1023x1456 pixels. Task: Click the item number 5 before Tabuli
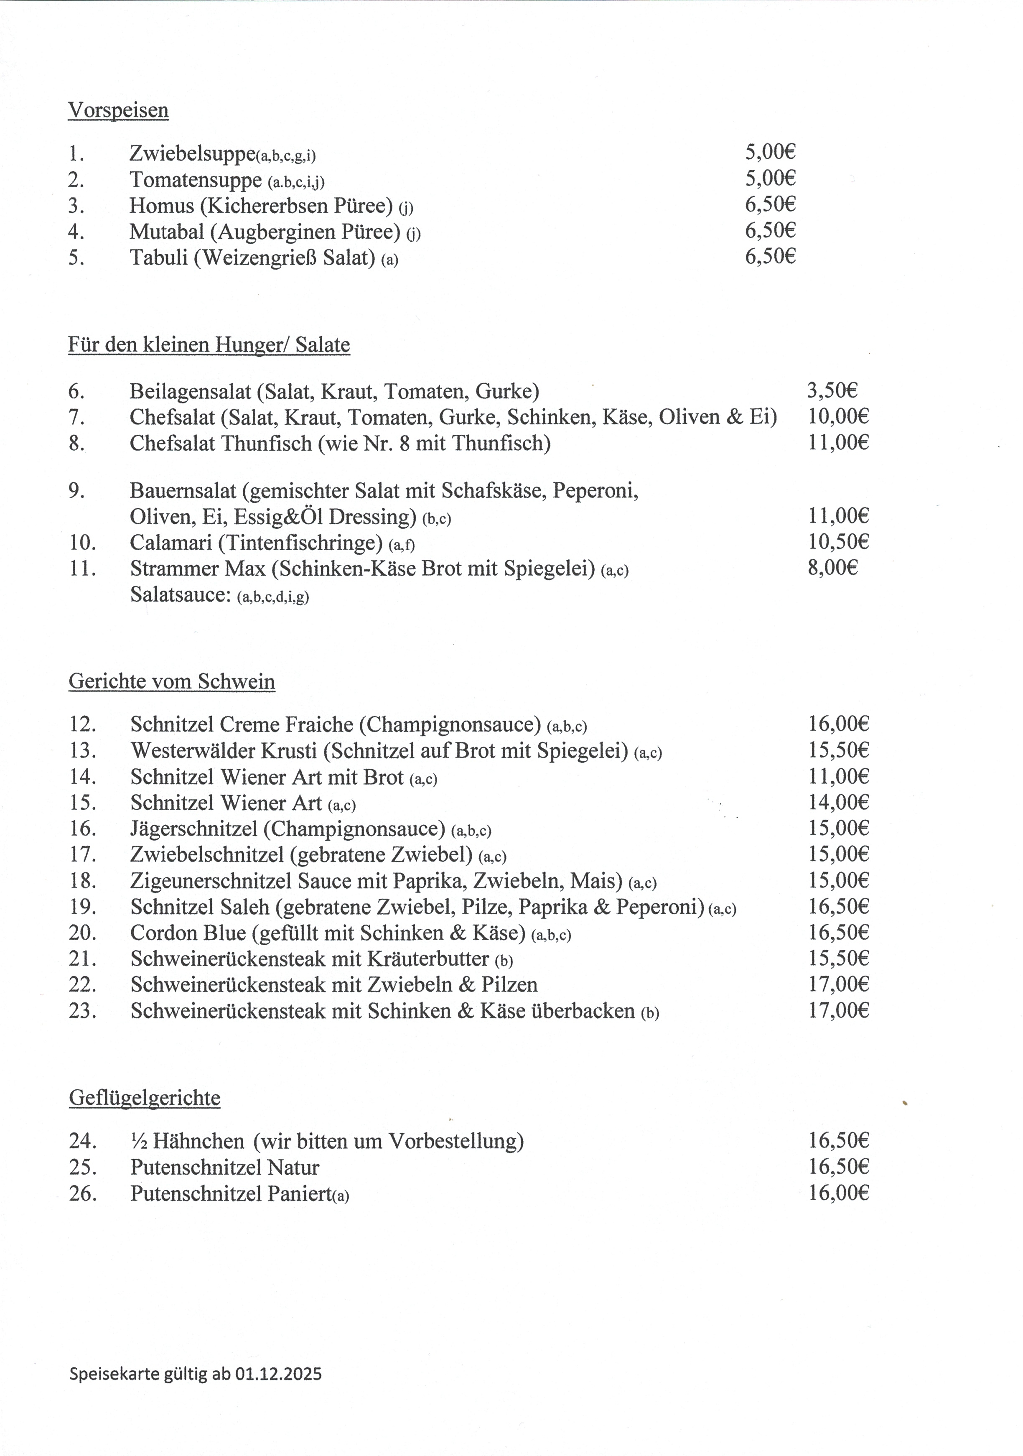click(x=76, y=258)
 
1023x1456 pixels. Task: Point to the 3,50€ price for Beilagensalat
click(x=832, y=390)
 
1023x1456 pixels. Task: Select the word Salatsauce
click(x=180, y=595)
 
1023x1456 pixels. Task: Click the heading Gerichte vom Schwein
click(x=172, y=682)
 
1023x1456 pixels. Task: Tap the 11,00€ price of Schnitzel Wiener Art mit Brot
click(x=838, y=776)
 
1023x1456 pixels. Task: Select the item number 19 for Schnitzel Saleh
click(x=82, y=907)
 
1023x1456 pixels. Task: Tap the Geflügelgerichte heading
click(x=145, y=1098)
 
